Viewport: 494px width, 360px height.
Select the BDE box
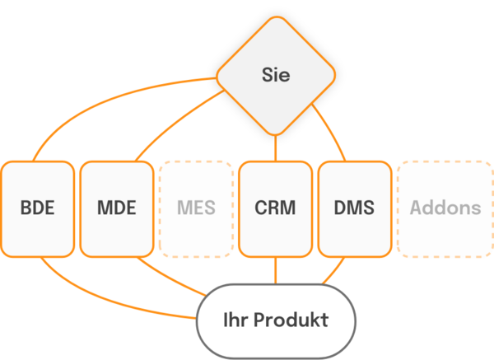coord(37,208)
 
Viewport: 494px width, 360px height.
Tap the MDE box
coord(116,208)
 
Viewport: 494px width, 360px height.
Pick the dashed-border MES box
coord(195,208)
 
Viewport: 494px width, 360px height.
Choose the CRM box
coord(275,208)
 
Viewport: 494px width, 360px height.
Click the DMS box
coord(354,208)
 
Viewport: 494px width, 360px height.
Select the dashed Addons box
coord(445,208)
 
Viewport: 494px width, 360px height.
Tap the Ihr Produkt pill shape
coord(275,320)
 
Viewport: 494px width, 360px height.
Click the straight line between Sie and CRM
coord(276,147)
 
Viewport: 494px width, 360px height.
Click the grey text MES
coord(195,208)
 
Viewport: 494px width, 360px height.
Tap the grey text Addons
coord(445,208)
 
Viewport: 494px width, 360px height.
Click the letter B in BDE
coord(26,208)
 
